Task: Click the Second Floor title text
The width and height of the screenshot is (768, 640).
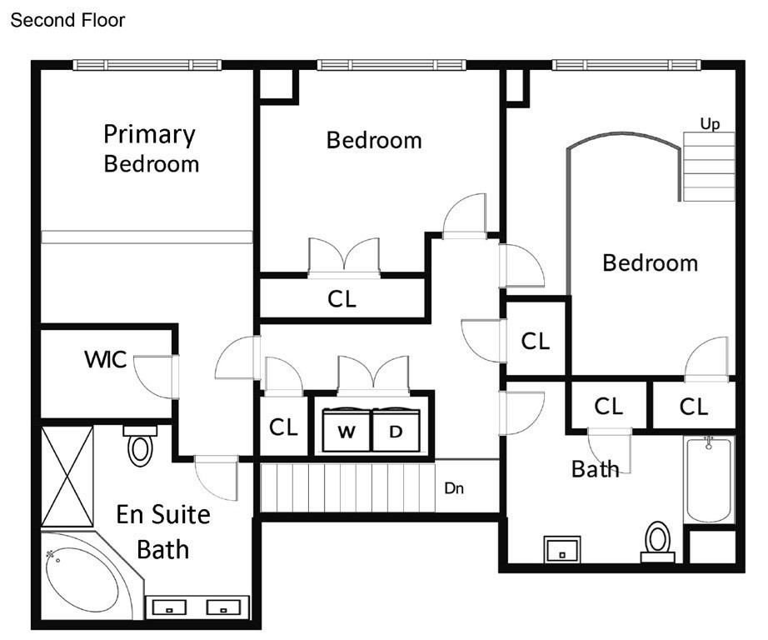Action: pyautogui.click(x=67, y=20)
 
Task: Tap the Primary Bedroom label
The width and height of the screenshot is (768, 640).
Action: pyautogui.click(x=151, y=149)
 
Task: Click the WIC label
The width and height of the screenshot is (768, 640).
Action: pyautogui.click(x=105, y=359)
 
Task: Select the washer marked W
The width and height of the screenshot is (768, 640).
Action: pyautogui.click(x=347, y=430)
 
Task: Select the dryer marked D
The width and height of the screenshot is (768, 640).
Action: pyautogui.click(x=396, y=430)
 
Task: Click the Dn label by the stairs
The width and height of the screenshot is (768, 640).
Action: pyautogui.click(x=453, y=488)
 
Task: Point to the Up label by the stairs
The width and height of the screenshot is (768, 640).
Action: pyautogui.click(x=710, y=123)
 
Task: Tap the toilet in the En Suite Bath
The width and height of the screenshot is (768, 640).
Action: pyautogui.click(x=140, y=446)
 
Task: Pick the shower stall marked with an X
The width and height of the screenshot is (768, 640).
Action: pyautogui.click(x=67, y=477)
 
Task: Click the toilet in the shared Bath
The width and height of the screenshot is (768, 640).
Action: pyautogui.click(x=658, y=542)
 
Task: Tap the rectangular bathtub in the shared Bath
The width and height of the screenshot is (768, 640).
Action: pyautogui.click(x=709, y=480)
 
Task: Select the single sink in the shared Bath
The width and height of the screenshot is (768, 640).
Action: pyautogui.click(x=562, y=549)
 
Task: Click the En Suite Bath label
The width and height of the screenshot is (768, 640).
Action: pyautogui.click(x=163, y=532)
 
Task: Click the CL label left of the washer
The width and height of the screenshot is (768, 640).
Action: pyautogui.click(x=283, y=427)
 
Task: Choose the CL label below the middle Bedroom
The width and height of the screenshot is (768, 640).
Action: pyautogui.click(x=342, y=299)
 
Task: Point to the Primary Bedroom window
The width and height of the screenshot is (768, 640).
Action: pyautogui.click(x=147, y=65)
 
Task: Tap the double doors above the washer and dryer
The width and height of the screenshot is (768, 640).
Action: pyautogui.click(x=373, y=376)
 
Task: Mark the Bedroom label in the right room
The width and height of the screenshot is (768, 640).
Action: pyautogui.click(x=650, y=263)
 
